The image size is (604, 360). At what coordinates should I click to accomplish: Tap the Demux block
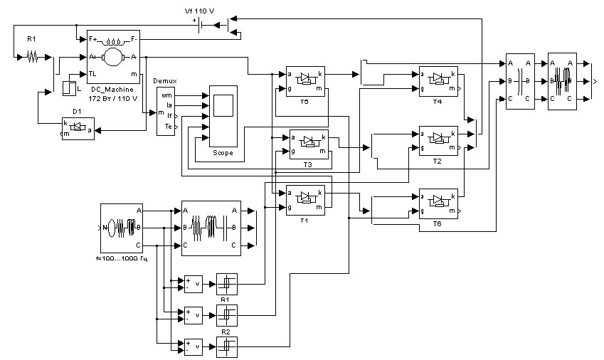pyautogui.click(x=166, y=111)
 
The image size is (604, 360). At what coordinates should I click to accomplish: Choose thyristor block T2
pyautogui.click(x=438, y=141)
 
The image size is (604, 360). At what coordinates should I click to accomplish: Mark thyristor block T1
pyautogui.click(x=304, y=199)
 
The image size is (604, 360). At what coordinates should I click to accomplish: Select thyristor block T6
pyautogui.click(x=438, y=203)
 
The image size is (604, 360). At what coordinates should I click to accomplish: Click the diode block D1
pyautogui.click(x=78, y=129)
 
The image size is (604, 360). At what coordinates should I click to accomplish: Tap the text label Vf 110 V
pyautogui.click(x=201, y=11)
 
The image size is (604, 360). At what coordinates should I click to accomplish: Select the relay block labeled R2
pyautogui.click(x=226, y=346)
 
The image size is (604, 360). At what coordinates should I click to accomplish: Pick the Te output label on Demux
pyautogui.click(x=168, y=125)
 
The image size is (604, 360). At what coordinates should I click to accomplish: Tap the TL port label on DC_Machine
pyautogui.click(x=92, y=73)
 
